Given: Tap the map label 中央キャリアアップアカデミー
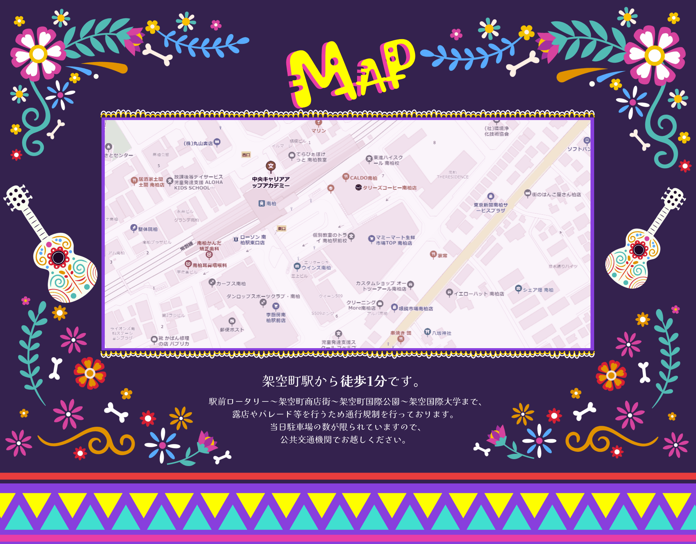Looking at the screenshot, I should pyautogui.click(x=271, y=182).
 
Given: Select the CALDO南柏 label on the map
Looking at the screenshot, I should pyautogui.click(x=363, y=178).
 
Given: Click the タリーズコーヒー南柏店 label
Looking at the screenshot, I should pyautogui.click(x=389, y=188).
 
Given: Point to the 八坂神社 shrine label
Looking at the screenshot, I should pyautogui.click(x=441, y=333).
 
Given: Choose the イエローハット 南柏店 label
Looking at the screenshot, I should pyautogui.click(x=478, y=294).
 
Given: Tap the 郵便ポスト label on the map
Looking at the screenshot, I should pyautogui.click(x=232, y=329).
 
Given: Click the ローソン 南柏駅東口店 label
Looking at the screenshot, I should pyautogui.click(x=253, y=240).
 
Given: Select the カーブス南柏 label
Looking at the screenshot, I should pyautogui.click(x=231, y=284).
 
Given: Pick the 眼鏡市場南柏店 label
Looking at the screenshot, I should pyautogui.click(x=415, y=309).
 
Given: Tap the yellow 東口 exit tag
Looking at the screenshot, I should pyautogui.click(x=282, y=228).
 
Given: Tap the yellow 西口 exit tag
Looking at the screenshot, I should pyautogui.click(x=246, y=155).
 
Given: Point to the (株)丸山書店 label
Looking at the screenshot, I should pyautogui.click(x=198, y=143).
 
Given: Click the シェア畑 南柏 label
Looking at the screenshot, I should pyautogui.click(x=538, y=290).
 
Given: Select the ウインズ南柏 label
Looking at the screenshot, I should pyautogui.click(x=316, y=268).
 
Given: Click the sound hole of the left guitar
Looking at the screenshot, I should pyautogui.click(x=58, y=257).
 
